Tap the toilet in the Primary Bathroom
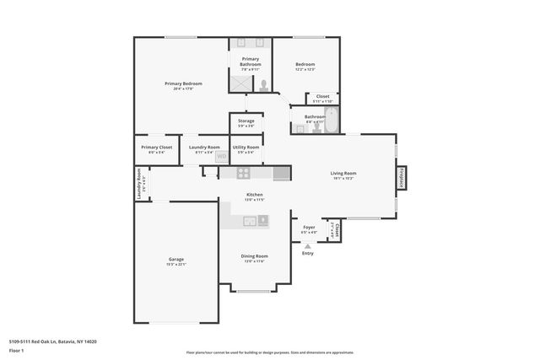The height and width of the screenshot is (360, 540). point(264,84)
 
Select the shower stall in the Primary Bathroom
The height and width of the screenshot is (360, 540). point(240,83)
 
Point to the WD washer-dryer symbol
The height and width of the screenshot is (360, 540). point(222,155)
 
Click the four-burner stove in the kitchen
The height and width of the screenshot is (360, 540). point(243,173)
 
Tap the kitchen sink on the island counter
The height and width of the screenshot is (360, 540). point(250,221)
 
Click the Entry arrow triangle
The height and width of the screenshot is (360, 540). point(307,245)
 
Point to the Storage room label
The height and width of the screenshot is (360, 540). point(246,121)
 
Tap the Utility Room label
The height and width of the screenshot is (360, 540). point(246,148)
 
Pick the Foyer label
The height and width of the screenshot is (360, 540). point(309,227)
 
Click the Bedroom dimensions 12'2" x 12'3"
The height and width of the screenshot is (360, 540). point(305,70)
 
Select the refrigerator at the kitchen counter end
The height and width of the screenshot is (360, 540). point(282,173)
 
